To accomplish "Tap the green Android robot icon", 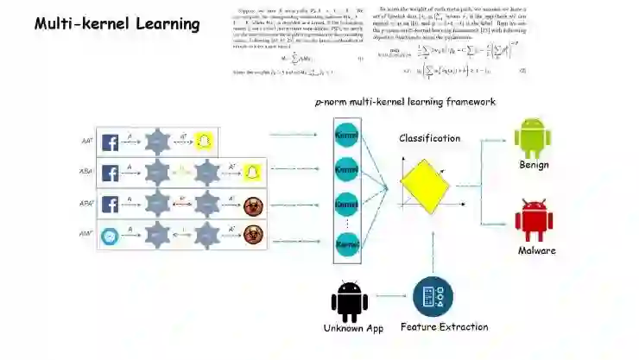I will (x=533, y=138).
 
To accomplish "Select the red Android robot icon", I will (x=533, y=221).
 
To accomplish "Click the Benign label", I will (x=534, y=165).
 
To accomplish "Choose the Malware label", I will (x=536, y=250).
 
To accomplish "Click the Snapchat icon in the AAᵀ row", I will (x=204, y=142).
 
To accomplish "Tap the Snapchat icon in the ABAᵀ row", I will (x=251, y=173).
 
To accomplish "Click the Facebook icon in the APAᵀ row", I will (x=111, y=205).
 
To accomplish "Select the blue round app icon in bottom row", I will (x=111, y=236).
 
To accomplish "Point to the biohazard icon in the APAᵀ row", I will (x=251, y=205).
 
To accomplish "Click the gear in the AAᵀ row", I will (x=158, y=142).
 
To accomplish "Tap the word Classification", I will (x=429, y=138).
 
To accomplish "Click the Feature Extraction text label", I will (x=444, y=327).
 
